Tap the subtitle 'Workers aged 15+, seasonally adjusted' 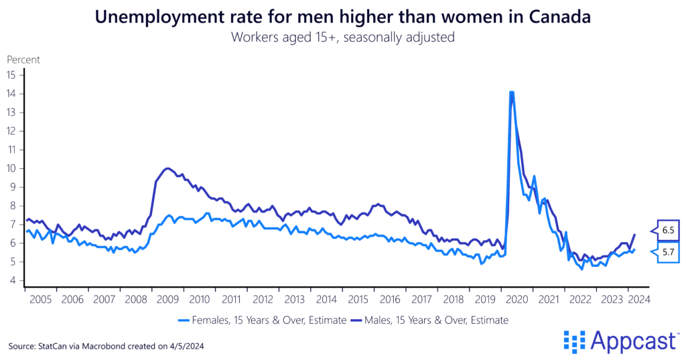coord(343,37)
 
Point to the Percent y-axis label coord(23,59)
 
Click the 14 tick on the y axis coord(11,93)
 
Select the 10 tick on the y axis coord(11,168)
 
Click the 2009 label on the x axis coord(167,299)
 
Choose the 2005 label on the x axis coord(41,299)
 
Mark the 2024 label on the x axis coord(636,299)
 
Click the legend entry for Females coord(263,320)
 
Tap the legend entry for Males coord(429,320)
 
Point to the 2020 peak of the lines coord(511,92)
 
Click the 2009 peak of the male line coord(167,168)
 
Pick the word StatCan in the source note coord(58,346)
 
